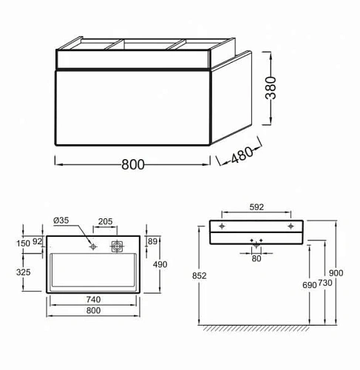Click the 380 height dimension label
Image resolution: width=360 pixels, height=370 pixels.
coord(271,88)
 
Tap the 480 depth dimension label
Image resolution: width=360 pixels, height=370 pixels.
coord(242,155)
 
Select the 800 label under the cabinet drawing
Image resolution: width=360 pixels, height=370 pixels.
coord(133,164)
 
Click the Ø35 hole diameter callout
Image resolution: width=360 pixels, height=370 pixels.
coord(61,221)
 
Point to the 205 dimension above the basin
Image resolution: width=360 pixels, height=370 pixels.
coord(105,221)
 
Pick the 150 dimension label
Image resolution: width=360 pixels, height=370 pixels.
coord(24,243)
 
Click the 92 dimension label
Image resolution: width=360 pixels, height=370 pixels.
coord(37,242)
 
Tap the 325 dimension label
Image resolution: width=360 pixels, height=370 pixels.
coord(24,272)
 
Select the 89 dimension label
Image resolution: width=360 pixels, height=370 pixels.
coord(152,241)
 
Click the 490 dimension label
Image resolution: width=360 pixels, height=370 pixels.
coord(160,264)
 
